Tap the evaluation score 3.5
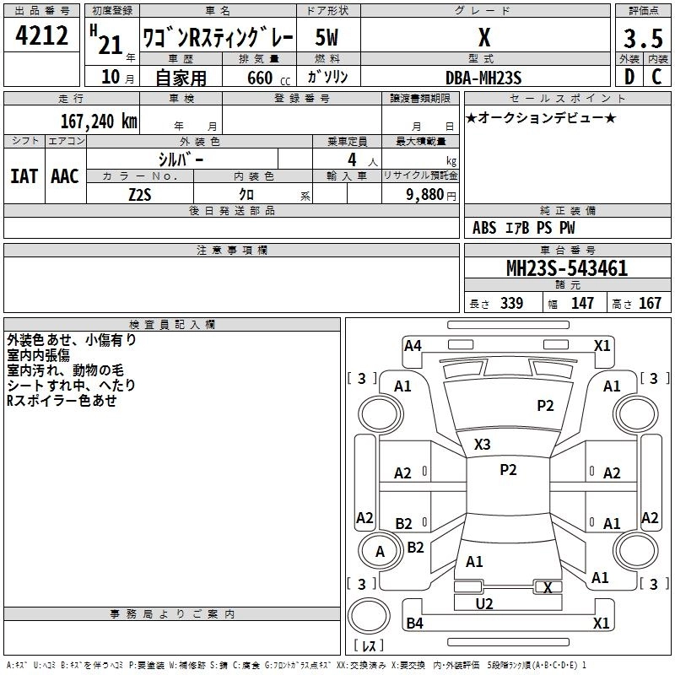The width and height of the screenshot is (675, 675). click(642, 39)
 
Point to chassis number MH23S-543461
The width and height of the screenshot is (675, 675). click(566, 268)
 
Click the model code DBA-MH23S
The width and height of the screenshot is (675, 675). click(484, 77)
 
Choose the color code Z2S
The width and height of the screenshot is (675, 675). click(140, 193)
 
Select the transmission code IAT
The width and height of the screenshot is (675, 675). click(24, 176)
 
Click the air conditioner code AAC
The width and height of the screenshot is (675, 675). click(64, 176)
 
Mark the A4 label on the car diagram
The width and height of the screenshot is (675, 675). click(413, 345)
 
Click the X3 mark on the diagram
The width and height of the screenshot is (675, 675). click(482, 444)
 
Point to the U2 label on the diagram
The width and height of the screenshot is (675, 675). click(484, 603)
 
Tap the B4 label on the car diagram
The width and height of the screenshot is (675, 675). click(414, 624)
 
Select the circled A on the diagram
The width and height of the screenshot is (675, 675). click(380, 552)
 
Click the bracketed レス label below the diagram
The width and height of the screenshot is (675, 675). click(369, 645)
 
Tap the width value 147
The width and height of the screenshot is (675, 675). click(583, 303)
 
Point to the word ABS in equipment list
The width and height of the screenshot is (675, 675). click(484, 228)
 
